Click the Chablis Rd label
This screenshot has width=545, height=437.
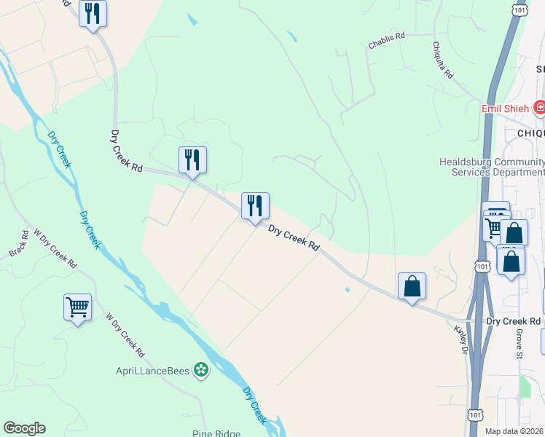(x=391, y=39)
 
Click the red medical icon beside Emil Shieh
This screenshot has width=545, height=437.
(x=539, y=109)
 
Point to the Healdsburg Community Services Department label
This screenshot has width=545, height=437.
(x=492, y=167)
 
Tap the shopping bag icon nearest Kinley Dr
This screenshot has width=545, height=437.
(x=412, y=286)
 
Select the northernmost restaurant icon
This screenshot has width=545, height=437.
(x=93, y=13)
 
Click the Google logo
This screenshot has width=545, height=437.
(x=24, y=428)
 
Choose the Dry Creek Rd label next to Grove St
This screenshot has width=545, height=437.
(x=514, y=321)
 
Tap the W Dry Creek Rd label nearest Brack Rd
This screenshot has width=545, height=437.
(x=55, y=249)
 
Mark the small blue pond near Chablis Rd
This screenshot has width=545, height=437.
(x=291, y=36)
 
